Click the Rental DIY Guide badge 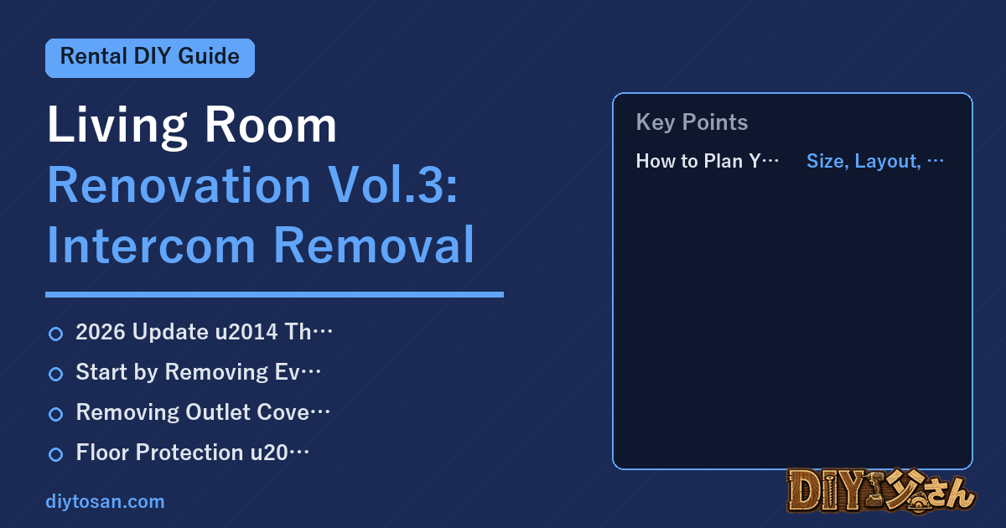[x=150, y=58]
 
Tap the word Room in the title [x=270, y=125]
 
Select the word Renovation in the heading [x=179, y=185]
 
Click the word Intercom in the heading [x=152, y=245]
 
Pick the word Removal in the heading [x=374, y=245]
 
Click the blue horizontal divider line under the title [x=274, y=294]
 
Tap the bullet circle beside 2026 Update [x=55, y=334]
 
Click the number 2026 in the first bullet [x=101, y=332]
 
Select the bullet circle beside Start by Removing [x=55, y=374]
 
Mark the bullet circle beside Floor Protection [x=55, y=454]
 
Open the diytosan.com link [x=105, y=502]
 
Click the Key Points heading [x=692, y=122]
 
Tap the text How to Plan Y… [x=708, y=161]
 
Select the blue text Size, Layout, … [x=875, y=161]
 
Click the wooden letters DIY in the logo [x=827, y=490]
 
